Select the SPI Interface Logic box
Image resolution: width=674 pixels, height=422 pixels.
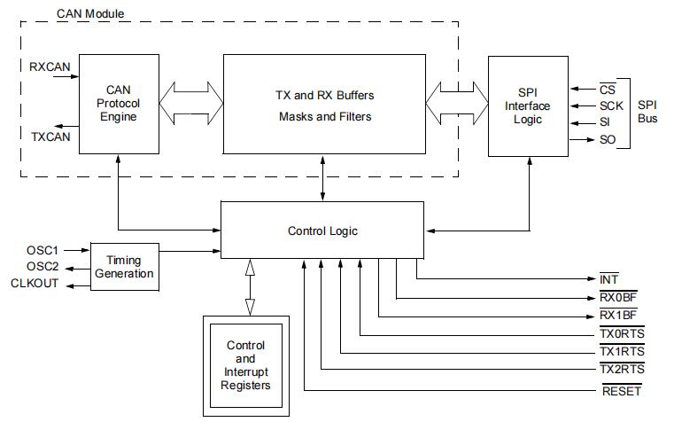(529, 105)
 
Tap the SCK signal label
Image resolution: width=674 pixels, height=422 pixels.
(610, 105)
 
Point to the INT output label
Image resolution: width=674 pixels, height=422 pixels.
(609, 280)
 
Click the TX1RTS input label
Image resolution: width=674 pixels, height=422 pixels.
(621, 352)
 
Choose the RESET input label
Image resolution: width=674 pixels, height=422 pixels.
(620, 391)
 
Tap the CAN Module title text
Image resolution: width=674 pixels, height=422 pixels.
(90, 14)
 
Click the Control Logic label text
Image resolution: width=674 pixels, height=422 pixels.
(322, 231)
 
